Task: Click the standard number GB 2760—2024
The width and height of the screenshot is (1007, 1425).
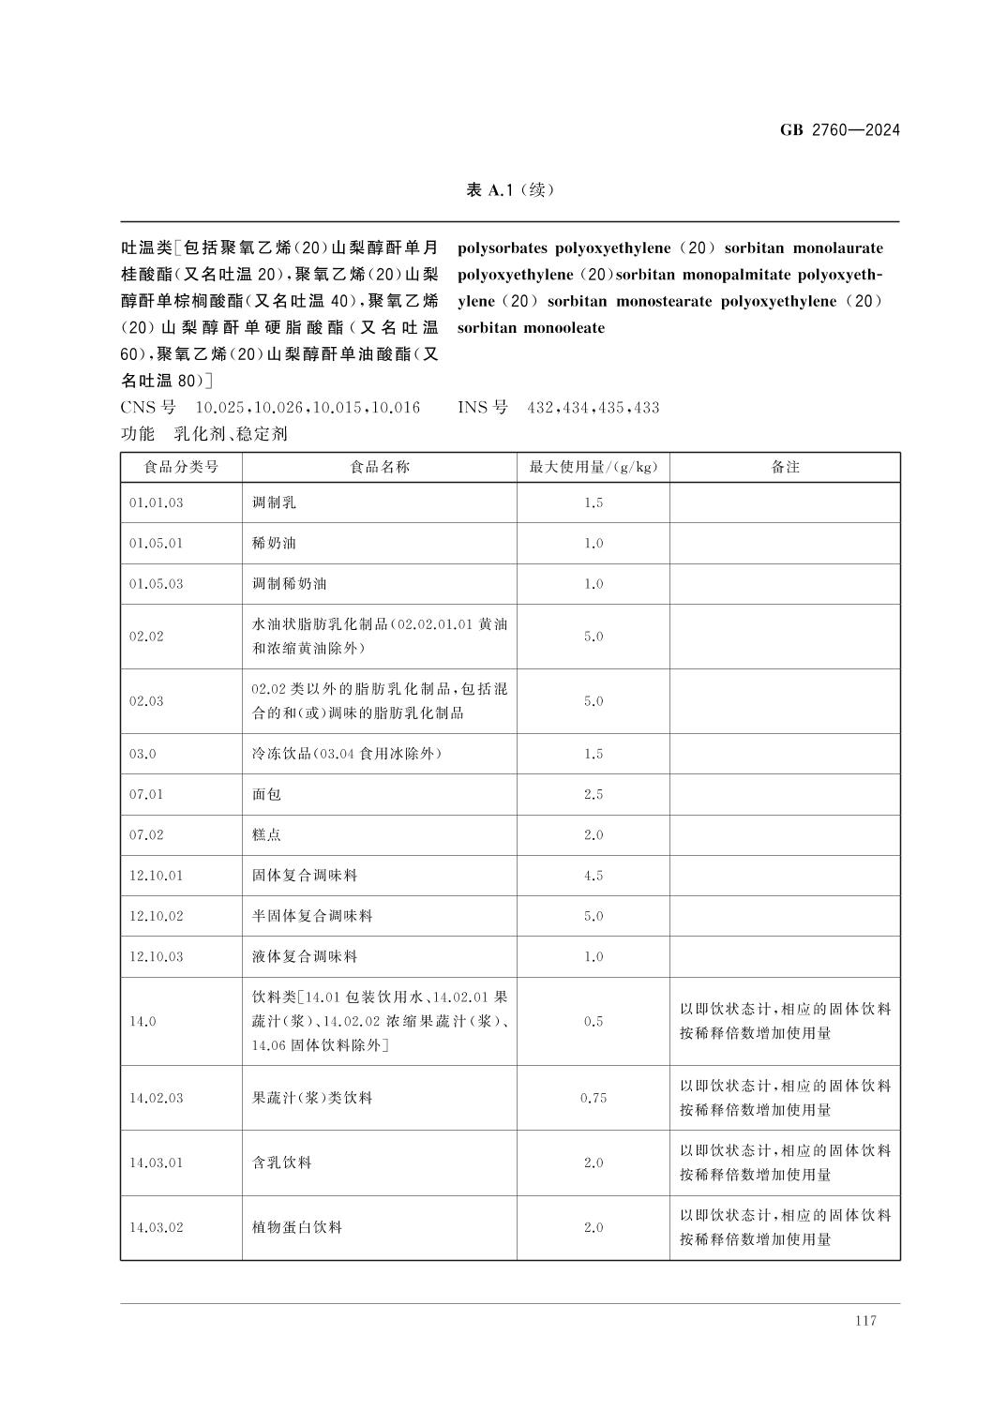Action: click(x=839, y=130)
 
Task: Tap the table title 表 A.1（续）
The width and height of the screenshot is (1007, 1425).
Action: click(x=510, y=190)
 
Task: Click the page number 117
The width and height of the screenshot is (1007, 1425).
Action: click(x=865, y=1320)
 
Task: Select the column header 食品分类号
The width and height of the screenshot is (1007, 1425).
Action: click(x=181, y=467)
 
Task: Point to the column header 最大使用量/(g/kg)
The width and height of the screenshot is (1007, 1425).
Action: click(x=593, y=467)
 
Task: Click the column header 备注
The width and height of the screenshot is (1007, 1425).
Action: click(x=785, y=467)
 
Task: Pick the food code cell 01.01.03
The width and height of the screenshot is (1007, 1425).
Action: click(x=157, y=502)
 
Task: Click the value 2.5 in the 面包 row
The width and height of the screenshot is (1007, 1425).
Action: click(x=593, y=794)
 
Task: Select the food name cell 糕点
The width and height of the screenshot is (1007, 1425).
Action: click(x=266, y=834)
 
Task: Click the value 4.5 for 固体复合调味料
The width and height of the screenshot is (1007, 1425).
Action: click(x=593, y=875)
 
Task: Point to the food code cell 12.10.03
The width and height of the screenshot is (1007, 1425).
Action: click(x=157, y=956)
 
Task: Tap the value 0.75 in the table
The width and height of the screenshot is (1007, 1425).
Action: click(x=593, y=1098)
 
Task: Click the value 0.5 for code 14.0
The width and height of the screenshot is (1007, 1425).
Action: click(x=593, y=1021)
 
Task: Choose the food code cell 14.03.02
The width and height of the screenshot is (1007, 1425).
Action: click(x=157, y=1227)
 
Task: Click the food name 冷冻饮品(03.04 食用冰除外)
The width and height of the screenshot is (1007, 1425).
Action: click(x=346, y=754)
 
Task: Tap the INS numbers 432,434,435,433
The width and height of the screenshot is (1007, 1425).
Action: click(x=593, y=408)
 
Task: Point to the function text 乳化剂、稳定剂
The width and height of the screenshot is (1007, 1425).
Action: click(x=231, y=434)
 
